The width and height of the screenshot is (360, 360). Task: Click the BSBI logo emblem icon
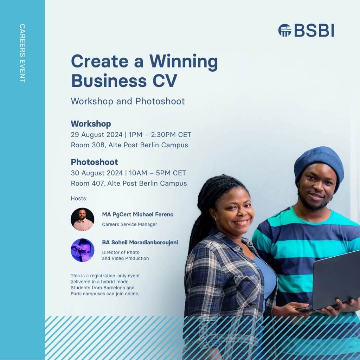[285, 30]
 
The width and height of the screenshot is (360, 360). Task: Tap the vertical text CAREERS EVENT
[22, 53]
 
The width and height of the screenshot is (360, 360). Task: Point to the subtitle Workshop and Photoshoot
[128, 101]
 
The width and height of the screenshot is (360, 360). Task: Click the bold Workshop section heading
[91, 124]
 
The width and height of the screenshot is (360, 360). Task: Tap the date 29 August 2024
[96, 135]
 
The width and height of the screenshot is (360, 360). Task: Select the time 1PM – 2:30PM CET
[160, 135]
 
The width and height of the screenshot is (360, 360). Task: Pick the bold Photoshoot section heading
[94, 162]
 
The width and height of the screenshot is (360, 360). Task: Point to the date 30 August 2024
[97, 173]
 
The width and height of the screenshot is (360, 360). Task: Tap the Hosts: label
[79, 198]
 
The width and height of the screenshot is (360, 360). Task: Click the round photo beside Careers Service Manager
[82, 219]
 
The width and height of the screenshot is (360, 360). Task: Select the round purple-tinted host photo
[82, 250]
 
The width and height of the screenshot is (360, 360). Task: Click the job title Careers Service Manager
[129, 224]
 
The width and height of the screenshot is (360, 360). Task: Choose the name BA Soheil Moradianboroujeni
[140, 242]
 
